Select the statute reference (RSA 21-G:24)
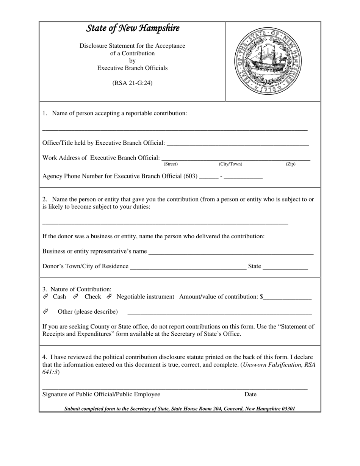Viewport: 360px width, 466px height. pyautogui.click(x=132, y=83)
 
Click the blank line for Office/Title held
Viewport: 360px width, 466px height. pyautogui.click(x=238, y=143)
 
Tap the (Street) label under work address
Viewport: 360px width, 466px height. pyautogui.click(x=171, y=164)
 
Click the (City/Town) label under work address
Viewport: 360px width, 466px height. pyautogui.click(x=230, y=164)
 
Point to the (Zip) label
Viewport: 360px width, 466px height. pyautogui.click(x=290, y=164)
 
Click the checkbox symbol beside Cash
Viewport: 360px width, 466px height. pyautogui.click(x=45, y=296)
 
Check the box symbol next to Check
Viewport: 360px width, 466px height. pyautogui.click(x=76, y=296)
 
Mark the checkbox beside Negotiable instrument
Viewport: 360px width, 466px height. pyautogui.click(x=109, y=296)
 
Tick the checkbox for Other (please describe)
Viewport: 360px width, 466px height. pyautogui.click(x=45, y=311)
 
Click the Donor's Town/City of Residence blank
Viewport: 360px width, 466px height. pyautogui.click(x=188, y=266)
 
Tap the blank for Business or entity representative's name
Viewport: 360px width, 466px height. pyautogui.click(x=231, y=252)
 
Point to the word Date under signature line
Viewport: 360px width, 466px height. pyautogui.click(x=250, y=394)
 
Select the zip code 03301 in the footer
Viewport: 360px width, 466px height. pyautogui.click(x=288, y=409)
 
